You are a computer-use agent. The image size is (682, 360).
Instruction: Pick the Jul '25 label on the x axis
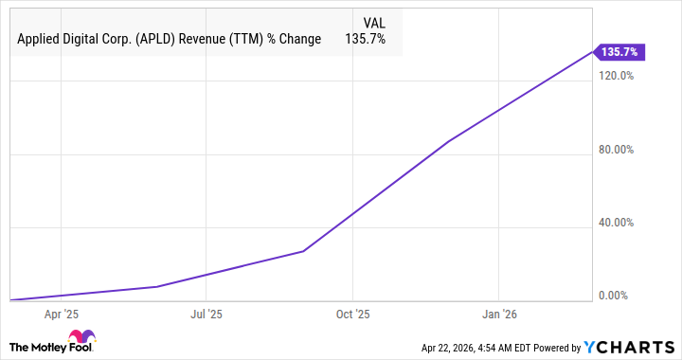click(206, 313)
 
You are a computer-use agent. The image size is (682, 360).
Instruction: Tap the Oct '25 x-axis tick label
click(351, 313)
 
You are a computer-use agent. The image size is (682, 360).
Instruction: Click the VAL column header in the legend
click(376, 22)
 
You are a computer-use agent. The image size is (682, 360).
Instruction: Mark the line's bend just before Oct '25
click(303, 251)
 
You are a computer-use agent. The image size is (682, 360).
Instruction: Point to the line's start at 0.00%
click(9, 299)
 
